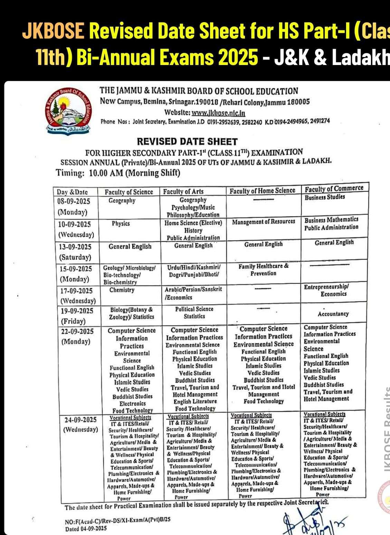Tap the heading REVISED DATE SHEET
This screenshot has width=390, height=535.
pyautogui.click(x=187, y=141)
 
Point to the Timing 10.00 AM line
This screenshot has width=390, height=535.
pyautogui.click(x=118, y=173)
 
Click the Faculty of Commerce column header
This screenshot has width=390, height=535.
pyautogui.click(x=334, y=188)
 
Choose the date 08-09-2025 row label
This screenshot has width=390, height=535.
pyautogui.click(x=74, y=201)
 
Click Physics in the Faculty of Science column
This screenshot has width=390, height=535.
pyautogui.click(x=121, y=223)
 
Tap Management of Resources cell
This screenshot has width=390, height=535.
pyautogui.click(x=264, y=221)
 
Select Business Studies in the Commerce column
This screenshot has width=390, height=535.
pyautogui.click(x=325, y=197)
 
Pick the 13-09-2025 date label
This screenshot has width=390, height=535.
pyautogui.click(x=75, y=247)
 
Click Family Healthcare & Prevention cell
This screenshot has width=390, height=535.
pyautogui.click(x=264, y=270)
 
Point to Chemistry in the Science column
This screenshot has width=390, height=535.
pyautogui.click(x=122, y=290)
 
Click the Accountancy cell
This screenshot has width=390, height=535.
pyautogui.click(x=333, y=314)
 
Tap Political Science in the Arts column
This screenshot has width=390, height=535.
pyautogui.click(x=194, y=309)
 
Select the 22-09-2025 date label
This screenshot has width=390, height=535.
pyautogui.click(x=77, y=331)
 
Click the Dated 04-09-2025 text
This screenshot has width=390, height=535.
pyautogui.click(x=86, y=528)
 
